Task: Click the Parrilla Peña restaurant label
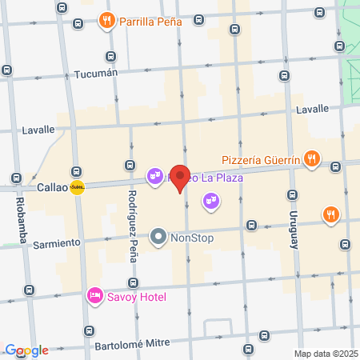tap(150, 21)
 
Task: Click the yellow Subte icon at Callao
tap(77, 187)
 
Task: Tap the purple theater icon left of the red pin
tap(154, 174)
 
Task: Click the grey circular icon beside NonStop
tap(158, 237)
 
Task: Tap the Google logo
tap(26, 350)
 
